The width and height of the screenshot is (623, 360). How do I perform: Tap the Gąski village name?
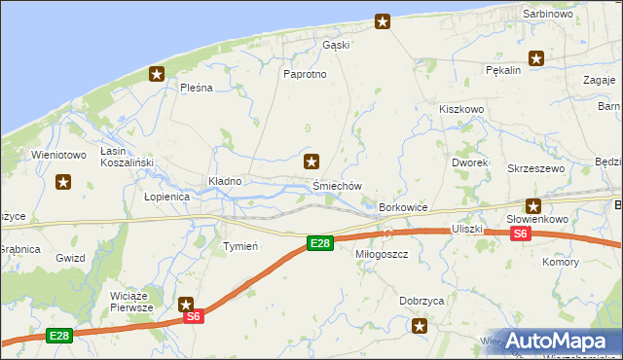coord(335,45)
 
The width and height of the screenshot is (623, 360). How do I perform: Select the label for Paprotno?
coord(304,75)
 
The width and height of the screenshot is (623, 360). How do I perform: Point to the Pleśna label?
coord(196,88)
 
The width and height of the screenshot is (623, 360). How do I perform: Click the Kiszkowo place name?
coord(461,110)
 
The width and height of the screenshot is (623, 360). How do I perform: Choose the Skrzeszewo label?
coord(536,168)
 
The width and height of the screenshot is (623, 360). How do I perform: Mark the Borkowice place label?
coord(404,208)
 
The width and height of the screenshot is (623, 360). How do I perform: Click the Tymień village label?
coord(240,246)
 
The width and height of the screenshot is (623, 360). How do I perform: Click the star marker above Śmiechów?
coord(311,162)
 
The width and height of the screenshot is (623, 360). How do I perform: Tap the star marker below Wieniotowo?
coord(64,181)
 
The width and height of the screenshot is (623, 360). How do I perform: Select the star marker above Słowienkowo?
coord(533,205)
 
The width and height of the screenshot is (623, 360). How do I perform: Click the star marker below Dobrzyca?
coord(420,326)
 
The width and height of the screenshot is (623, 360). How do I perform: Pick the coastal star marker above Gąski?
coord(384,21)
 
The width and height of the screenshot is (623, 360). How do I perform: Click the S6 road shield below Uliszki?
coord(521,234)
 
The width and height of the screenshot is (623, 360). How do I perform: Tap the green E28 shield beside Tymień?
coord(319,243)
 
